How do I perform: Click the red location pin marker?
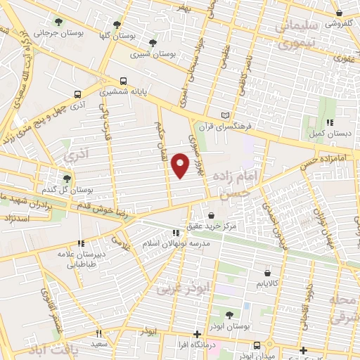[181, 165]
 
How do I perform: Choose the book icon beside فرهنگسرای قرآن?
[225, 115]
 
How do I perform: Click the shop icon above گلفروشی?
[340, 13]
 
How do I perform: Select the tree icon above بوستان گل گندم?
[67, 179]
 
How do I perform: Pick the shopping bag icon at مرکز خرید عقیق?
[212, 215]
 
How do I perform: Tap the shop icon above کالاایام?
[266, 272]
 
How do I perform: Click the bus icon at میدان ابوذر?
[257, 345]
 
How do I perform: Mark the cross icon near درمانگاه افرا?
[198, 333]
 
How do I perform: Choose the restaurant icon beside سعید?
[99, 333]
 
